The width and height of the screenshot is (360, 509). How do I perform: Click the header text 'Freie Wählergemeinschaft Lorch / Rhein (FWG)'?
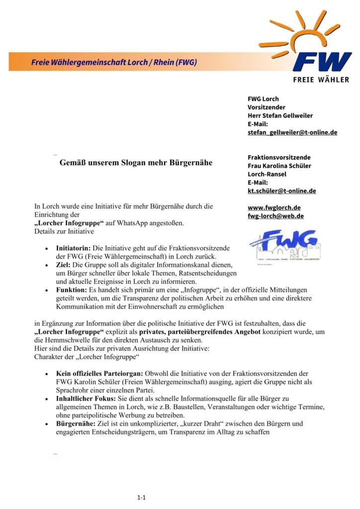114,63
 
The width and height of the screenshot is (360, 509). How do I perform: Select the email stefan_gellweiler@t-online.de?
292,132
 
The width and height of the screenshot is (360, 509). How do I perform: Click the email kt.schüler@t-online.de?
281,190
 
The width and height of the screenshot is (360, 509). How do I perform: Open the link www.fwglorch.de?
274,207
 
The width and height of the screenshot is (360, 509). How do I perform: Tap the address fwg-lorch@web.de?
275,216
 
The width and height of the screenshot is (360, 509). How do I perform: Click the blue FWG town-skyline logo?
284,245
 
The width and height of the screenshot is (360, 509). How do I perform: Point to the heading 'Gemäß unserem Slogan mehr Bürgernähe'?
136,163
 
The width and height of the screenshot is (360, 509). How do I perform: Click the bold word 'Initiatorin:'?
74,248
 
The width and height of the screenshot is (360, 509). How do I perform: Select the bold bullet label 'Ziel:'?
65,265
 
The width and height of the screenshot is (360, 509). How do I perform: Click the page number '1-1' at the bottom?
141,497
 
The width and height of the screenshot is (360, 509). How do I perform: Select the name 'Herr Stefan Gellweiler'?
280,115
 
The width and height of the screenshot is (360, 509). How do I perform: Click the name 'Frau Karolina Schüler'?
279,166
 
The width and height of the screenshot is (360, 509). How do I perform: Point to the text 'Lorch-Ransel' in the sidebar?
267,174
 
